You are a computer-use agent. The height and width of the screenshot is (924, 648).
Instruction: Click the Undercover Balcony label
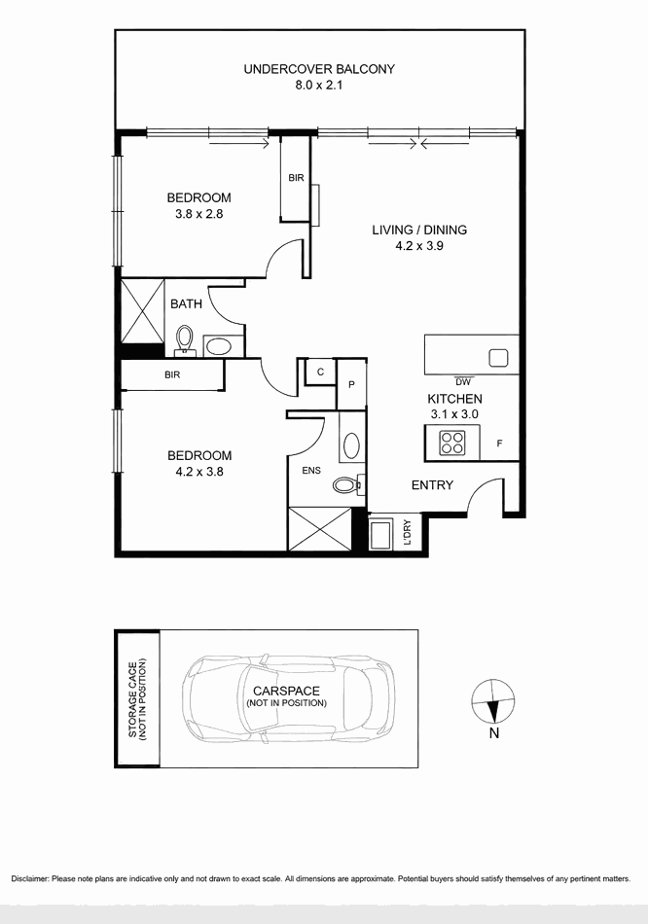coord(319,69)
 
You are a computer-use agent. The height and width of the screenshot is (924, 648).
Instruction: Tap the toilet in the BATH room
coord(185,339)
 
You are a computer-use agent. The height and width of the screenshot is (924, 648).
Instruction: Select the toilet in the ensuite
coord(346,485)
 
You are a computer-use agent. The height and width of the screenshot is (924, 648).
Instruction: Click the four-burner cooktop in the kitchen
coord(452,443)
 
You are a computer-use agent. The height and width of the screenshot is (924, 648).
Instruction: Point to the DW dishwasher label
coord(463,382)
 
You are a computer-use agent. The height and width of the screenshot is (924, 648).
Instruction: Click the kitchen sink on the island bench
coord(498,358)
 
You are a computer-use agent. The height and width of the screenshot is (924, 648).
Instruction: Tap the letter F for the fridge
coord(499,444)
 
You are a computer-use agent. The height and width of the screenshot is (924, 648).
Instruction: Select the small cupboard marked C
coord(320,372)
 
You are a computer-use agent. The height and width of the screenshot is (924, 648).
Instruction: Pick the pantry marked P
coord(351,384)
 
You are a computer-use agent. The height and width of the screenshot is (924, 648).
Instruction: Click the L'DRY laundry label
coord(408,532)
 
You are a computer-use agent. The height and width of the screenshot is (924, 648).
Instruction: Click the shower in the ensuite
coord(319,528)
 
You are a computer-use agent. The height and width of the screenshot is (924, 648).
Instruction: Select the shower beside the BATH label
coord(143,310)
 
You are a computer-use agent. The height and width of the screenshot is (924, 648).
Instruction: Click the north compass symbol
coord(493,701)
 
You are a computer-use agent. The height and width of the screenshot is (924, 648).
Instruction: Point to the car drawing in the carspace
coord(288,697)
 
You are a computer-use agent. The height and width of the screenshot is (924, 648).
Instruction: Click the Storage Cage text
coord(137,699)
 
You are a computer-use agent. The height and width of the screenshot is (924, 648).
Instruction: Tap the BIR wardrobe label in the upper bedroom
coord(296,177)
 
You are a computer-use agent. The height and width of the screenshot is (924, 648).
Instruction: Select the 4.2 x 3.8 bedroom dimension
coord(199,472)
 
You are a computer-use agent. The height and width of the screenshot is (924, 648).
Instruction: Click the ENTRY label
coord(432,485)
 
